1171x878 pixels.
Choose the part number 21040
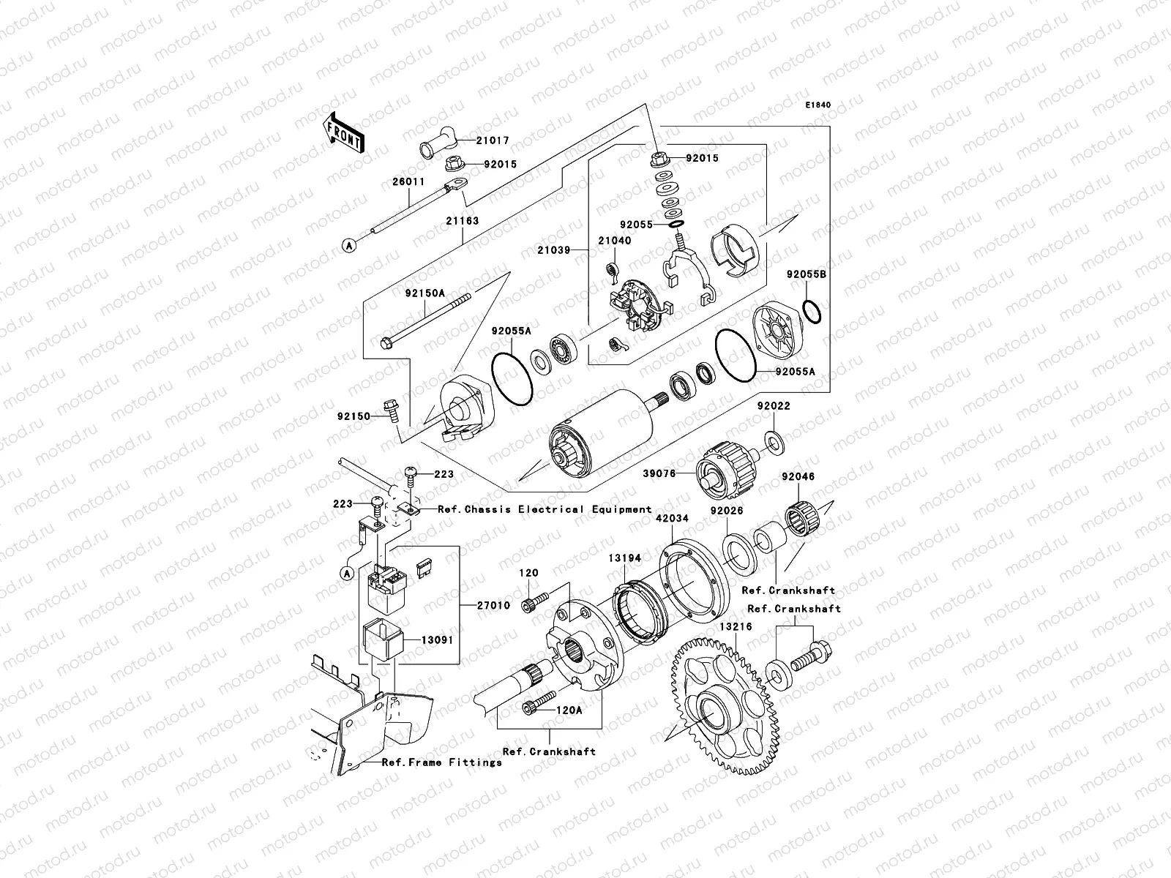(x=613, y=239)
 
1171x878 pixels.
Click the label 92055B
(x=807, y=275)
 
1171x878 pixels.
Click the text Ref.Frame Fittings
(x=442, y=762)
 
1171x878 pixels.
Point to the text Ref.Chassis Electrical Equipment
(x=545, y=509)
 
